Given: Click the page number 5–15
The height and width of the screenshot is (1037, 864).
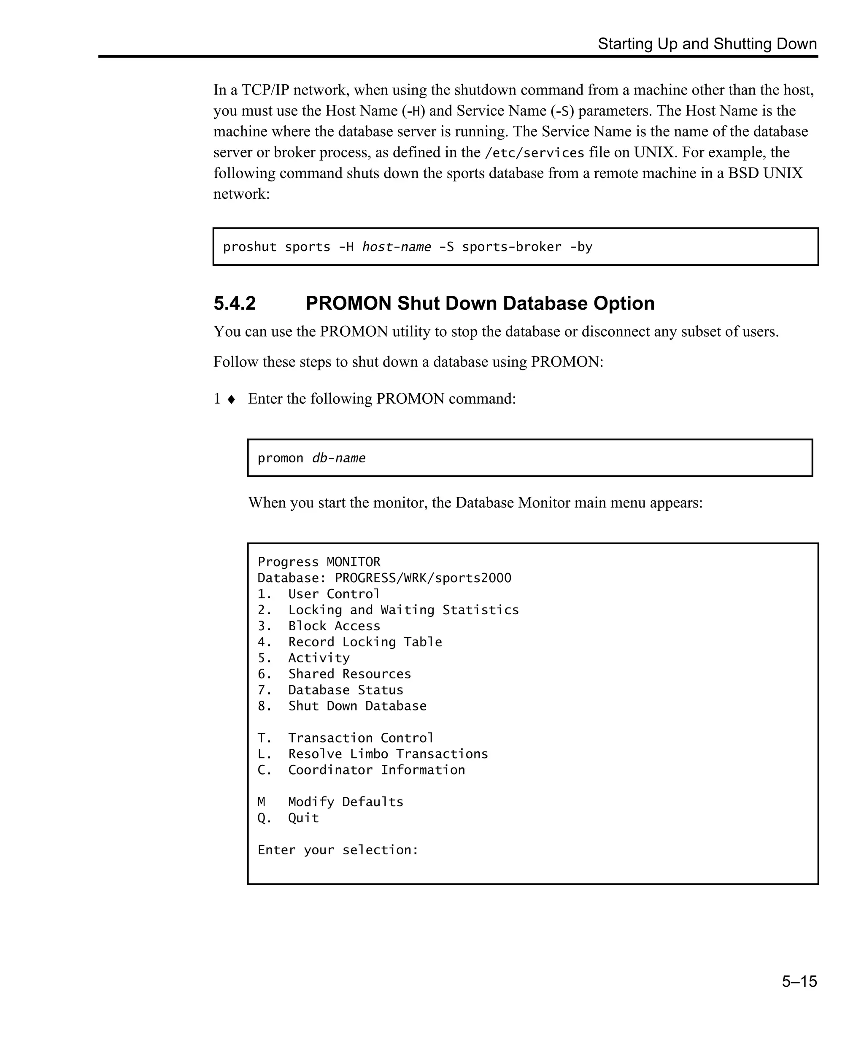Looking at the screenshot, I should coord(799,981).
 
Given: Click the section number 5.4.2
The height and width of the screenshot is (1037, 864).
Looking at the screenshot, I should coord(235,303).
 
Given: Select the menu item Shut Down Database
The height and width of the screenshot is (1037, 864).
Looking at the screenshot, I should coord(357,706).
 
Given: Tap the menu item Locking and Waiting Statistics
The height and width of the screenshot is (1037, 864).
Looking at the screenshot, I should coord(403,610).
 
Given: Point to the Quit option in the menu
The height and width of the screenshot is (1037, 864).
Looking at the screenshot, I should coord(303,818).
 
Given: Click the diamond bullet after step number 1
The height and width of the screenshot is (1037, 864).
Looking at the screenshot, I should coord(231,399).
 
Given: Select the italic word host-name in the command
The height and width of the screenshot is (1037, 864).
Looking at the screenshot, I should coord(397,247).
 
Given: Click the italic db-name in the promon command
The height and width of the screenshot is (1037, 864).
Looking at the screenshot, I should coord(339,458).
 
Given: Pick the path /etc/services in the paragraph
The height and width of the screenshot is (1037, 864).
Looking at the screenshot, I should coord(535,153).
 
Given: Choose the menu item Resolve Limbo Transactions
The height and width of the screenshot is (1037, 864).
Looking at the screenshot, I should coord(388,754).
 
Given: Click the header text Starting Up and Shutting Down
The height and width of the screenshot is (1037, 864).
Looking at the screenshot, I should coord(707,44).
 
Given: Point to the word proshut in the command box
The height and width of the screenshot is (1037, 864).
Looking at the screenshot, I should coord(250,247).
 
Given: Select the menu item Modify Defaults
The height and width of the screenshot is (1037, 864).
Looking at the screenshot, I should coord(346,802).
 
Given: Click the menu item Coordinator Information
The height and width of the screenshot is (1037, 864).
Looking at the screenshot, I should coord(376,770).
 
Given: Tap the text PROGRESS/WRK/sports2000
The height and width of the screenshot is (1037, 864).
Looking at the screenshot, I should coord(423,578).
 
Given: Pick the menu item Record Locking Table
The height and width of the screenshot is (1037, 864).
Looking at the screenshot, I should coord(365,642).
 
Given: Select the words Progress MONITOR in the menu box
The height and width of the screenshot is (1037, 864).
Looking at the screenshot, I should coord(319,562).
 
